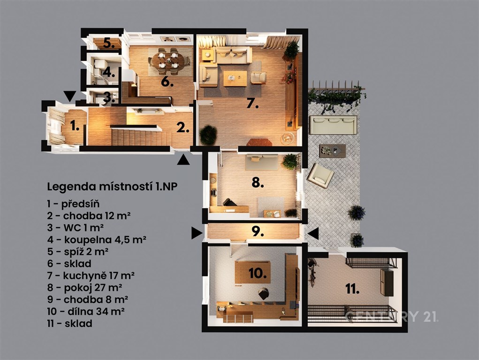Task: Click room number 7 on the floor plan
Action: (x=252, y=104)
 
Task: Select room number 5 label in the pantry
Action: (x=108, y=43)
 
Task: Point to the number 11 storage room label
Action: (x=352, y=289)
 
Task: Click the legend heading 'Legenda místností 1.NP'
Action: (x=112, y=187)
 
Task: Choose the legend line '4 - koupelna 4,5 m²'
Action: (x=97, y=240)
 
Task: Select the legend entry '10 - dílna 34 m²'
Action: (x=85, y=311)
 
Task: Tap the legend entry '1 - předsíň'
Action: (x=73, y=204)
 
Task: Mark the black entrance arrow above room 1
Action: (x=69, y=96)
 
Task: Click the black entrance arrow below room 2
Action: (x=183, y=160)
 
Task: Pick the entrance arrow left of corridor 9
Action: (x=197, y=233)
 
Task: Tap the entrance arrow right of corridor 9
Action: (x=313, y=233)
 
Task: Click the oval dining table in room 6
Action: (x=168, y=60)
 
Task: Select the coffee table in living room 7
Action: (x=235, y=78)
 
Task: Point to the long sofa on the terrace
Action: (x=333, y=125)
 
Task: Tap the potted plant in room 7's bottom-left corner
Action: (x=208, y=135)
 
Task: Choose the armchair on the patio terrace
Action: (x=320, y=176)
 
